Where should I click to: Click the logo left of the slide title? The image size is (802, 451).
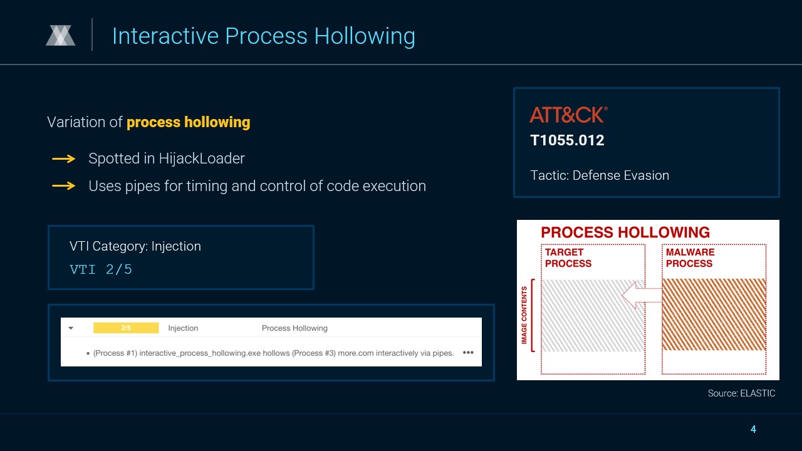coord(61,36)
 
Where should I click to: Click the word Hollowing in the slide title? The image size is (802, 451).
coord(365,36)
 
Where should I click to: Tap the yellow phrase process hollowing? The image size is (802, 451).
coord(189,122)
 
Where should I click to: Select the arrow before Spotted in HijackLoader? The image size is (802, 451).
coord(64,158)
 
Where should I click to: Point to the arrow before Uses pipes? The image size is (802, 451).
coord(64,186)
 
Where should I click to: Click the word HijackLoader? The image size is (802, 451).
coord(202,158)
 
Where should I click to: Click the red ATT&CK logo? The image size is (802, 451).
coord(568,115)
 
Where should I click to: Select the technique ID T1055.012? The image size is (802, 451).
coord(567,140)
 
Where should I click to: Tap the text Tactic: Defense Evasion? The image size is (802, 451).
coord(600,175)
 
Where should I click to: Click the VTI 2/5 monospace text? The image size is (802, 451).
coord(101,269)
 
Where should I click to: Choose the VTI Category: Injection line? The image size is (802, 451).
coord(135,246)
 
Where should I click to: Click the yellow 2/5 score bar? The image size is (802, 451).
coord(126,328)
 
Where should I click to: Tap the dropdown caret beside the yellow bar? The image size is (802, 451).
coord(71,328)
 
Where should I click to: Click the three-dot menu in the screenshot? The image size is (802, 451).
coord(468,353)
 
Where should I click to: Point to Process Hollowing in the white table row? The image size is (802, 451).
coord(294,328)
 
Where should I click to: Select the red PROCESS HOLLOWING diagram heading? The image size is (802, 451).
coord(625,232)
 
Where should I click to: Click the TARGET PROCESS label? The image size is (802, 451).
coord(568,257)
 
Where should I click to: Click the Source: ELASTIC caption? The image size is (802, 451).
coord(741,393)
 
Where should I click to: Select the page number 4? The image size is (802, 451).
coord(753,429)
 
